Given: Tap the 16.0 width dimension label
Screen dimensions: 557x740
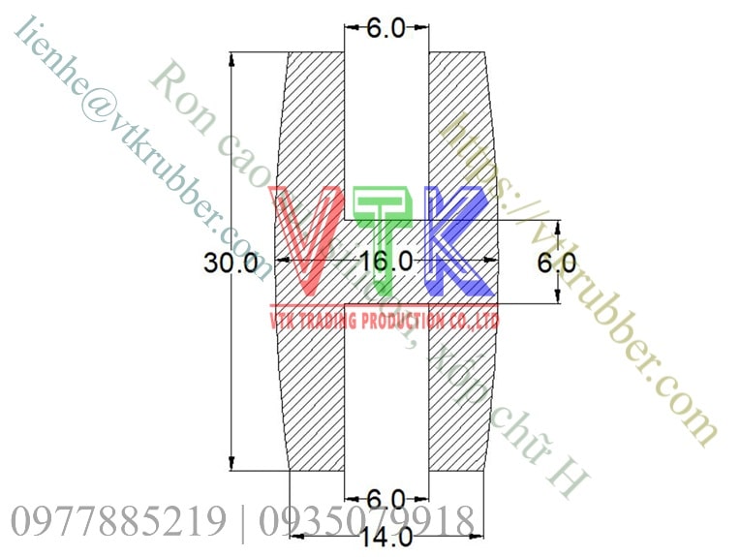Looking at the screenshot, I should [x=385, y=262].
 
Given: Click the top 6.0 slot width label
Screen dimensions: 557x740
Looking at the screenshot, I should [x=385, y=28].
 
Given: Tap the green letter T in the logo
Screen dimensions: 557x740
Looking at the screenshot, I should [x=385, y=237].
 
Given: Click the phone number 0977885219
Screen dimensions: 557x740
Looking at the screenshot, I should [x=118, y=523].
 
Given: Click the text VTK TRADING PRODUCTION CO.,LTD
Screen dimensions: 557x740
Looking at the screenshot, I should [x=384, y=320].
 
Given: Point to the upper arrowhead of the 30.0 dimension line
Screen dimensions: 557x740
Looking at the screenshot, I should [x=231, y=58].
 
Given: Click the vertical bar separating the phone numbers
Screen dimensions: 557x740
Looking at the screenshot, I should [x=241, y=523].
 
